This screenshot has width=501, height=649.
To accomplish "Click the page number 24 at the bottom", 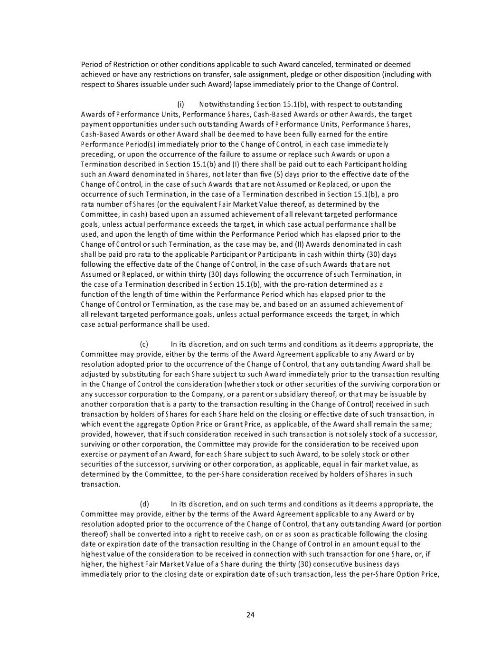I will click(x=251, y=614).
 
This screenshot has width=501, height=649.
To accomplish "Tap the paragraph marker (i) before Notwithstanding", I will click(x=180, y=104).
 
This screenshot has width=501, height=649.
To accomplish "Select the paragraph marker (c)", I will click(x=144, y=344).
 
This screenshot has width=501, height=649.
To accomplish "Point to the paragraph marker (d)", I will click(x=144, y=504).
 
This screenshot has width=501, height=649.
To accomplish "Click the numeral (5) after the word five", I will click(x=278, y=174).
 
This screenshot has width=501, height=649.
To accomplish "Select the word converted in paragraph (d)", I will click(x=143, y=534).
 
